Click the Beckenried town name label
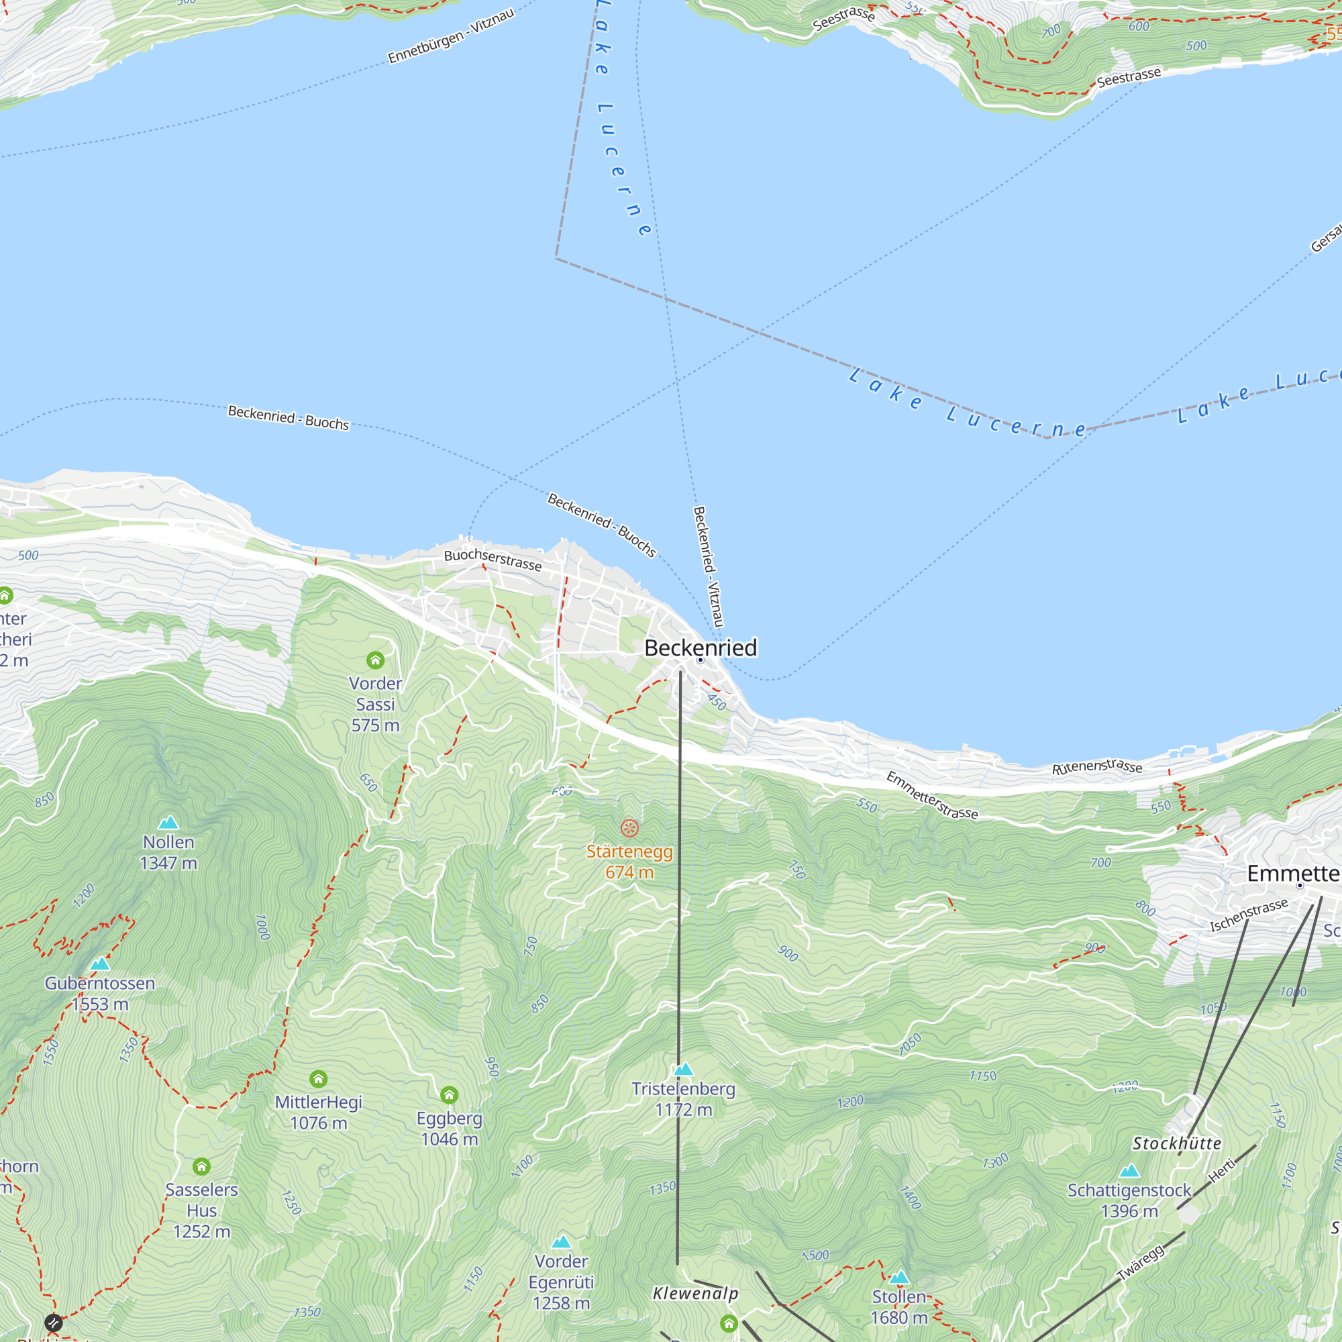pyautogui.click(x=700, y=648)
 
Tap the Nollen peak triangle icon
pyautogui.click(x=168, y=823)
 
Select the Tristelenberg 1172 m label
pyautogui.click(x=683, y=1099)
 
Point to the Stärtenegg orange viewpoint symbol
pyautogui.click(x=629, y=827)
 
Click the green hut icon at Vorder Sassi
pyautogui.click(x=375, y=660)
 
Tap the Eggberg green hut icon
pyautogui.click(x=450, y=1096)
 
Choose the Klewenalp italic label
pyautogui.click(x=695, y=1294)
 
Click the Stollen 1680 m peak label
pyautogui.click(x=900, y=1306)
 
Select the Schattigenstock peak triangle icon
pyautogui.click(x=1129, y=1171)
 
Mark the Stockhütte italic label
pyautogui.click(x=1177, y=1143)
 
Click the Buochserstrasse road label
pyautogui.click(x=493, y=559)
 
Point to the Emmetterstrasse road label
pyautogui.click(x=931, y=795)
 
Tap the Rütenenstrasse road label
pyautogui.click(x=1097, y=767)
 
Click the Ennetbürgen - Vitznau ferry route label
pyautogui.click(x=451, y=36)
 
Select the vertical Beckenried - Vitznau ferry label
pyautogui.click(x=708, y=566)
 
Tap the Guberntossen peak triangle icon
pyautogui.click(x=100, y=964)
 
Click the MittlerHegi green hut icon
pyautogui.click(x=318, y=1079)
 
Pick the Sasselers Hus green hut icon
pyautogui.click(x=201, y=1166)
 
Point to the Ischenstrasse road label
pyautogui.click(x=1249, y=915)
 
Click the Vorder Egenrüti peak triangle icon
pyautogui.click(x=561, y=1242)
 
